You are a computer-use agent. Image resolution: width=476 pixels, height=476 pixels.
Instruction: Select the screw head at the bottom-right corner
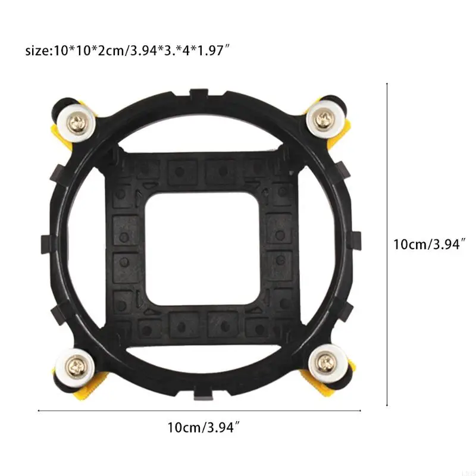(x=325, y=361)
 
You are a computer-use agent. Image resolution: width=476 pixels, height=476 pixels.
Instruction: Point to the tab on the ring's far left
(x=46, y=243)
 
